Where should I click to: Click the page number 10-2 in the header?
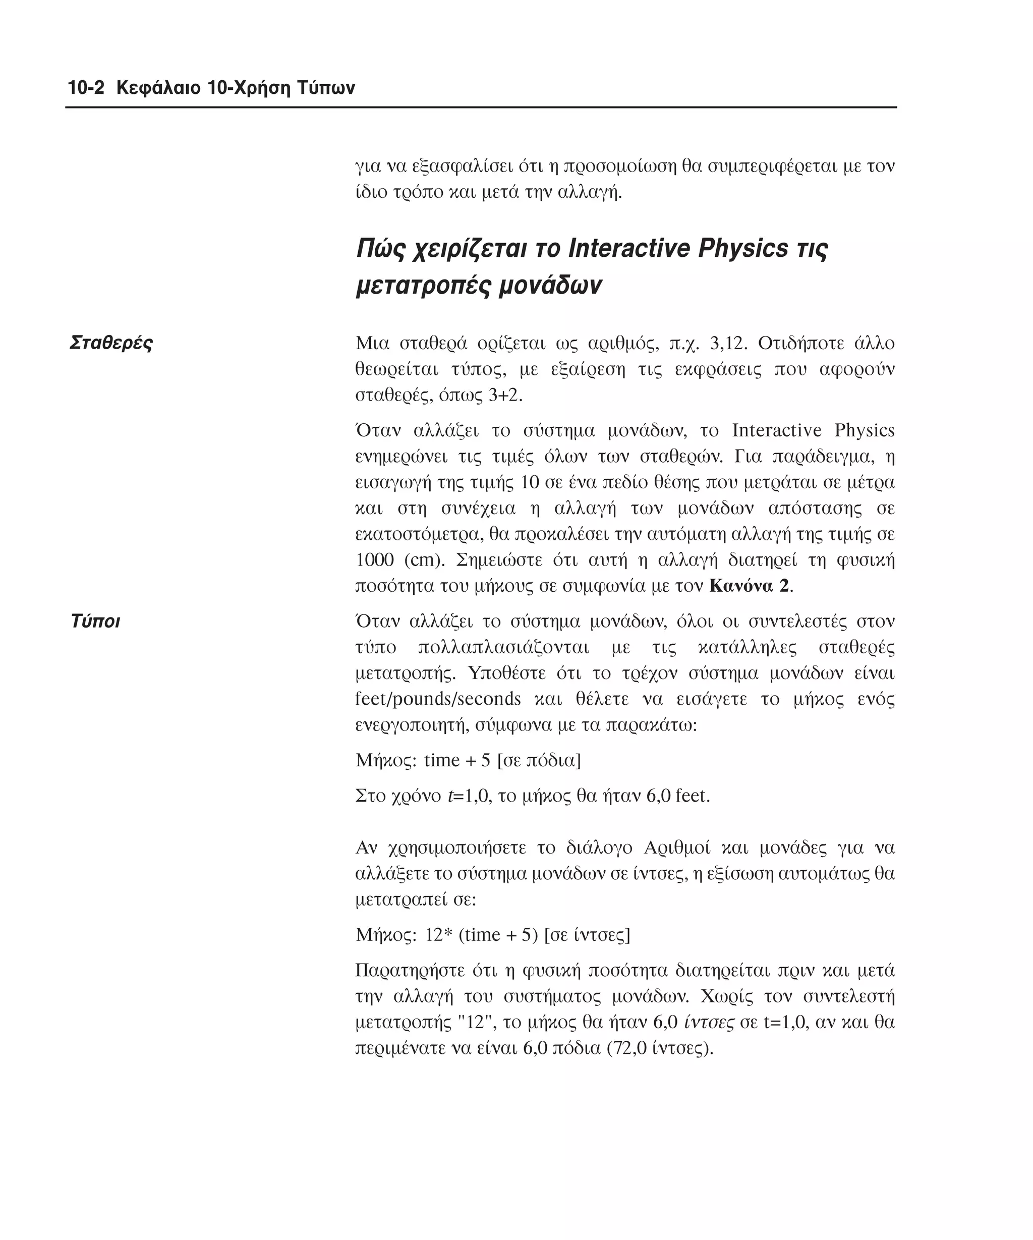pyautogui.click(x=86, y=88)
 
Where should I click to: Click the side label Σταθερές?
pyautogui.click(x=111, y=343)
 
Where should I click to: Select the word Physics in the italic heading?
pyautogui.click(x=742, y=249)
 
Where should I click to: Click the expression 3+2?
pyautogui.click(x=505, y=394)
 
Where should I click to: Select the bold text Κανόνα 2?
pyautogui.click(x=749, y=586)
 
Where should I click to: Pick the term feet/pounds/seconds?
pyautogui.click(x=438, y=699)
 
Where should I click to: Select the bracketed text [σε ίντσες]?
pyautogui.click(x=587, y=935)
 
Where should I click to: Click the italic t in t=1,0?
pyautogui.click(x=451, y=796)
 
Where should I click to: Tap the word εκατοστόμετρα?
pyautogui.click(x=419, y=534)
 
